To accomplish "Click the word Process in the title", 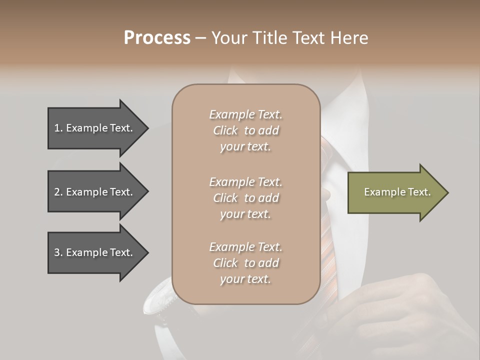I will (157, 38).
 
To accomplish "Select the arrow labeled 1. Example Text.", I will (95, 128).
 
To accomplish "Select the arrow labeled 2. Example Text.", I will (95, 192).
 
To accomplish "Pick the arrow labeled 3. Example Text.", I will (95, 252).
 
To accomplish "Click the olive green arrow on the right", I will (395, 192).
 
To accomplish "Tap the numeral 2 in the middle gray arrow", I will (57, 192).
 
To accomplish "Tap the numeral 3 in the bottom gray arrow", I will (57, 252).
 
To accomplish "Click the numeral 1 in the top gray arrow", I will (57, 128).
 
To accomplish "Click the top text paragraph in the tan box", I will (245, 130).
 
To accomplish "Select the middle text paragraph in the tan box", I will (245, 198).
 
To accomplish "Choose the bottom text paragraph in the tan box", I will (245, 263).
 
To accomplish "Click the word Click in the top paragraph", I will (225, 130).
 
